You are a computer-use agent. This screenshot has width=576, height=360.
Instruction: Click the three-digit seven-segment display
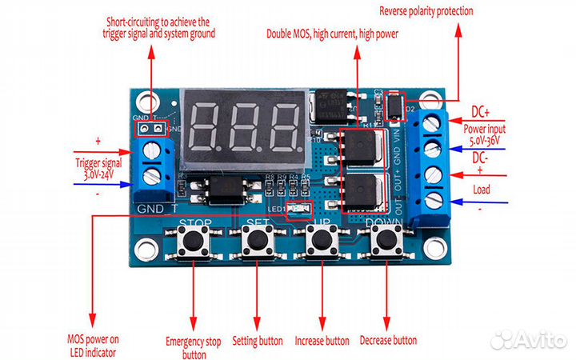click(x=242, y=122)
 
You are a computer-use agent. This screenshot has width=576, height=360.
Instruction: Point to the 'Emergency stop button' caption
click(x=193, y=347)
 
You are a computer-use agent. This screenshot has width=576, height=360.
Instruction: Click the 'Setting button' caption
click(x=258, y=341)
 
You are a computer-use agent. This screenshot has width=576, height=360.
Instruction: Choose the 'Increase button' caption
click(x=322, y=341)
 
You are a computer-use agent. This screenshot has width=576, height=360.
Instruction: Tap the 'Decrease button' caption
click(x=388, y=341)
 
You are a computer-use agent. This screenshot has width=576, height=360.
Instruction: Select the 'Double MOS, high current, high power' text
click(x=332, y=34)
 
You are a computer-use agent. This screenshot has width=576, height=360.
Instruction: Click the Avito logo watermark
click(x=525, y=339)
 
